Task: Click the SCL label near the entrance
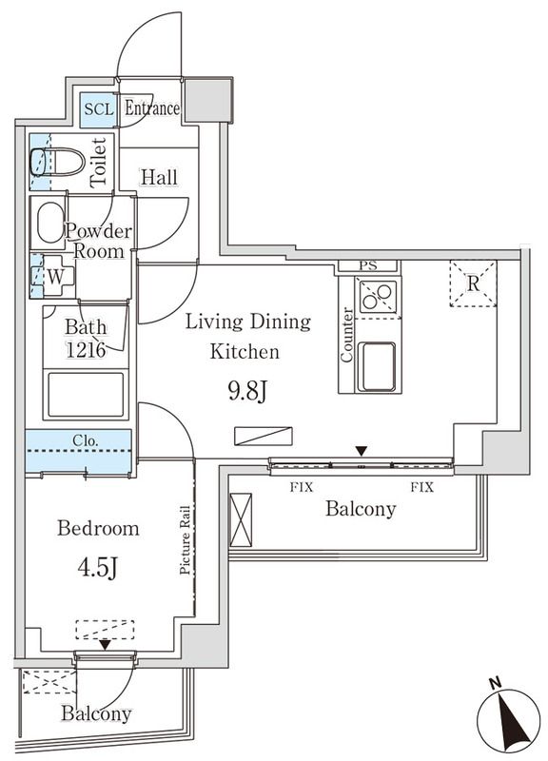tap(98, 108)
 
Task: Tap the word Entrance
tap(152, 108)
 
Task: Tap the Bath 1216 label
tap(86, 337)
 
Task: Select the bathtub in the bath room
tap(86, 393)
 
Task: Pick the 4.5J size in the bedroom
tap(97, 568)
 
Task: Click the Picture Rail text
tap(186, 539)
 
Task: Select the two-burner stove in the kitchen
tap(378, 297)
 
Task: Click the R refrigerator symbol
tap(473, 283)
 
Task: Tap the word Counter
tap(347, 336)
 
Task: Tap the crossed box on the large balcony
tap(241, 519)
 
